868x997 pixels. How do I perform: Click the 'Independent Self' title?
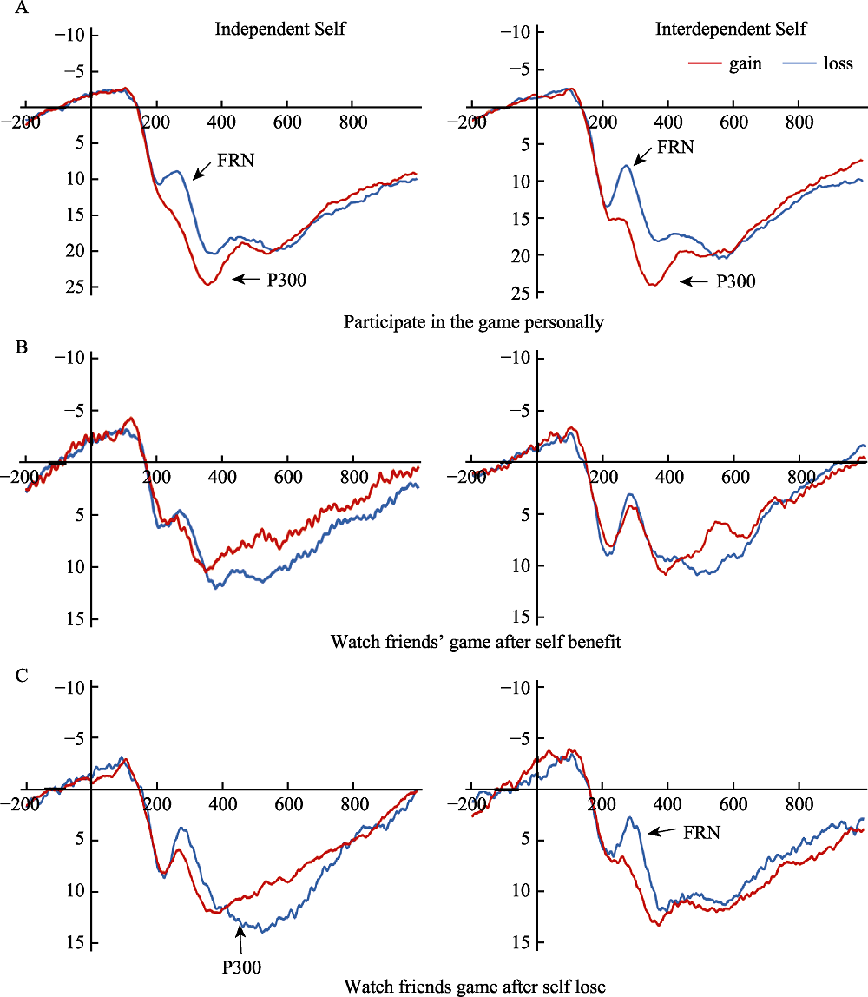point(280,30)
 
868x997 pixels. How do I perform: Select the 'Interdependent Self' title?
point(731,30)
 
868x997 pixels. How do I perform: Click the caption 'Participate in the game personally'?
point(473,323)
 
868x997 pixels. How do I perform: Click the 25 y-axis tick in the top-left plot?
point(76,287)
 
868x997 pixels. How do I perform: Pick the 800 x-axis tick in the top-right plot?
point(799,122)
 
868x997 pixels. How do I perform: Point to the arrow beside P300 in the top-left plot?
point(247,279)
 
